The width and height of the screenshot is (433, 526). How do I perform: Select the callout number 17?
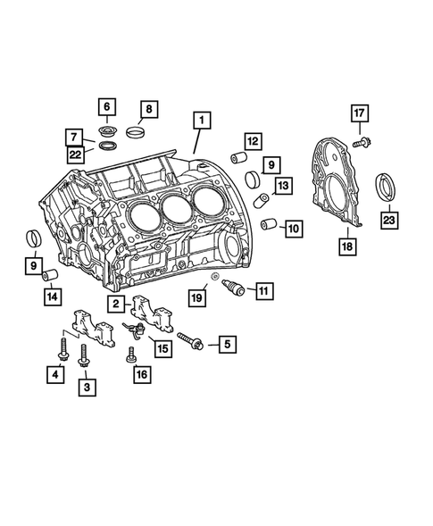click(x=359, y=113)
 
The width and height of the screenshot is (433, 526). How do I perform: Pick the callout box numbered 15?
click(x=162, y=349)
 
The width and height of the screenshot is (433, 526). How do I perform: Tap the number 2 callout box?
click(x=118, y=305)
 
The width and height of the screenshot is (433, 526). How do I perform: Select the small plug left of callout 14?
click(x=52, y=275)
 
